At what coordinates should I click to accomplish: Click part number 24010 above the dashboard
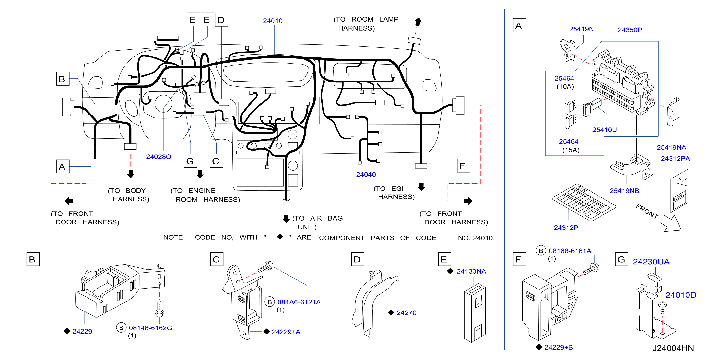tap(272, 21)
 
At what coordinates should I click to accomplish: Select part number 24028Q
tap(159, 157)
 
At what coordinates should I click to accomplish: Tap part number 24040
tap(366, 175)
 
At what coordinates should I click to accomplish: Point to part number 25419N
tap(581, 29)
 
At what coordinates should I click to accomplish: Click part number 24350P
tap(630, 30)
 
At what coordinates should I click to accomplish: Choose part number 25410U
tap(604, 130)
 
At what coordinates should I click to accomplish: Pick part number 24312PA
tap(675, 159)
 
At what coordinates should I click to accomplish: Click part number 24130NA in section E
tap(471, 271)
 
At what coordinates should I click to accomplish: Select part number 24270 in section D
tap(406, 313)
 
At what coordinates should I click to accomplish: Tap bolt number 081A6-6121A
tap(299, 302)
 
